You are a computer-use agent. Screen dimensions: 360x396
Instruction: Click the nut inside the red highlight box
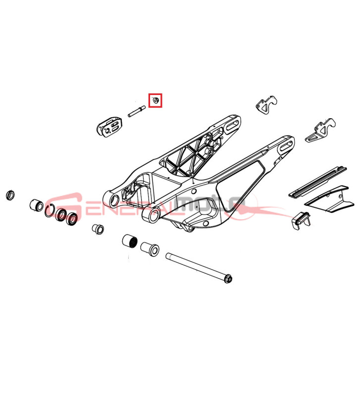(x=155, y=101)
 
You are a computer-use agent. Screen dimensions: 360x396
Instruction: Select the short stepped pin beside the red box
(x=136, y=111)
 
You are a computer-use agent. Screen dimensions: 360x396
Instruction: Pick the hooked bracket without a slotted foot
(x=266, y=105)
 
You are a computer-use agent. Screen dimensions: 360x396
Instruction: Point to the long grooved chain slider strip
(x=317, y=181)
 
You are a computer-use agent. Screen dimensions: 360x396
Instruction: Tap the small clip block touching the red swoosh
(x=301, y=220)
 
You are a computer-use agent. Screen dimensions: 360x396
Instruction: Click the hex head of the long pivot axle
(x=228, y=279)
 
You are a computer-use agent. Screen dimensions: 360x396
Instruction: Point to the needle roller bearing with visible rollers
(x=130, y=241)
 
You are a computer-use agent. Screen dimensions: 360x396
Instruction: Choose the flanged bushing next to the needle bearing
(x=150, y=248)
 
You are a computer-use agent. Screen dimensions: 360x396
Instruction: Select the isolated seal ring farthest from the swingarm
(x=10, y=195)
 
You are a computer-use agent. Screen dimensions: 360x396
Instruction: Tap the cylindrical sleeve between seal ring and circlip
(x=37, y=205)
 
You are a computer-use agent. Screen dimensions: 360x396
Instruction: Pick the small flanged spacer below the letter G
(x=98, y=229)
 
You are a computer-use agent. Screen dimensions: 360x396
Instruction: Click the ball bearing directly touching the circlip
(x=61, y=215)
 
